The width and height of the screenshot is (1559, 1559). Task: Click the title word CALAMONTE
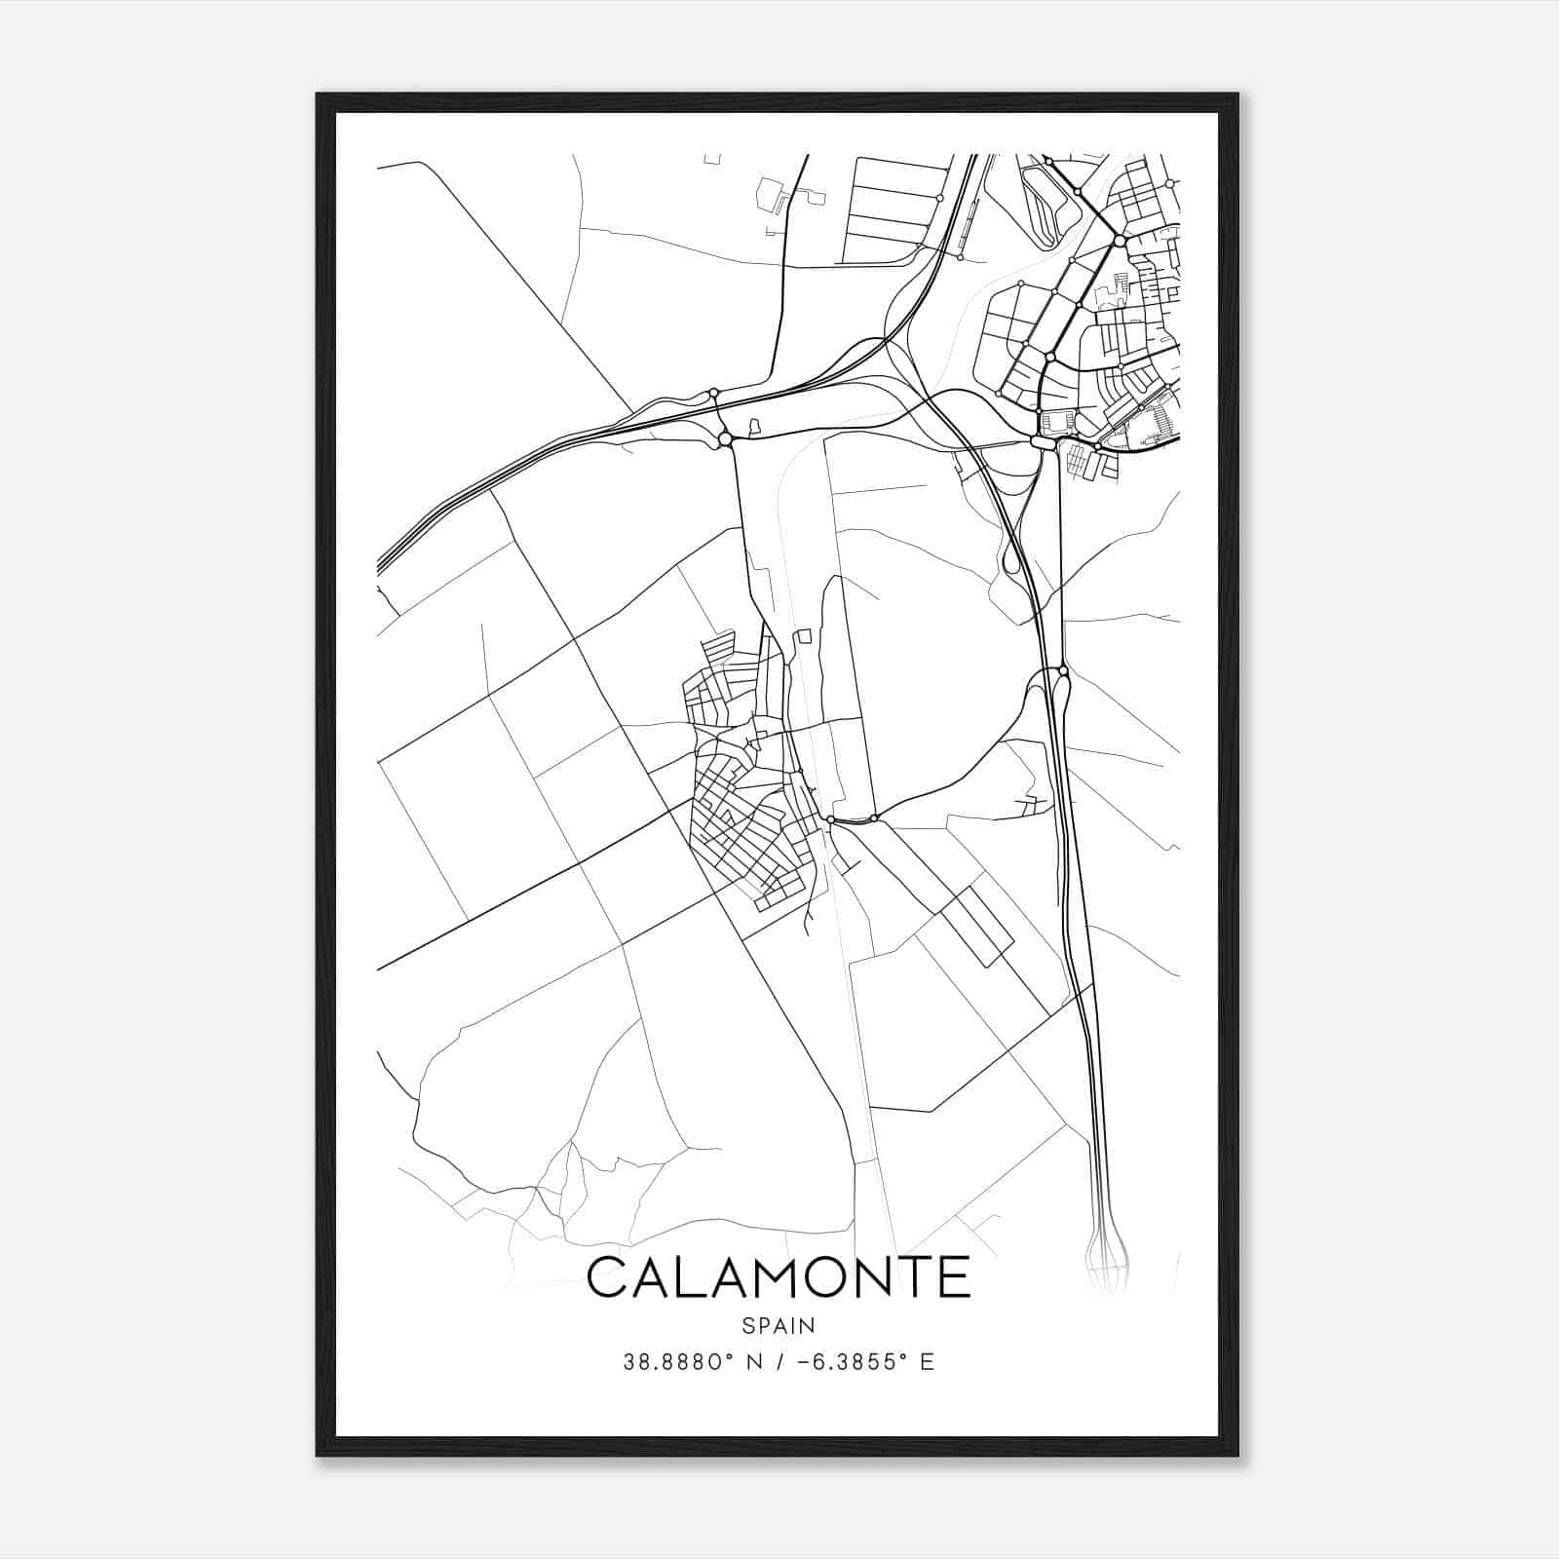779,1277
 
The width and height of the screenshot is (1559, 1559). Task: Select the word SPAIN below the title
779,1325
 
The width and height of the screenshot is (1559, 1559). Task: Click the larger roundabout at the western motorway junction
725,440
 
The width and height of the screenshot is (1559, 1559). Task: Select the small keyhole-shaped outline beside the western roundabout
753,426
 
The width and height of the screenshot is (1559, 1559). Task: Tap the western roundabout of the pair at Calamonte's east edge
830,821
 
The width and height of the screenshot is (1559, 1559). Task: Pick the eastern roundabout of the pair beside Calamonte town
875,818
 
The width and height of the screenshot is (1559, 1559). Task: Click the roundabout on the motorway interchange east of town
1063,671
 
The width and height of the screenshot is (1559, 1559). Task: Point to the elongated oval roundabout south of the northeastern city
1043,443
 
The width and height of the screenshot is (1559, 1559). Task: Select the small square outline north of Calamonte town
804,636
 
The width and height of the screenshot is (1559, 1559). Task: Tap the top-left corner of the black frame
319,95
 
